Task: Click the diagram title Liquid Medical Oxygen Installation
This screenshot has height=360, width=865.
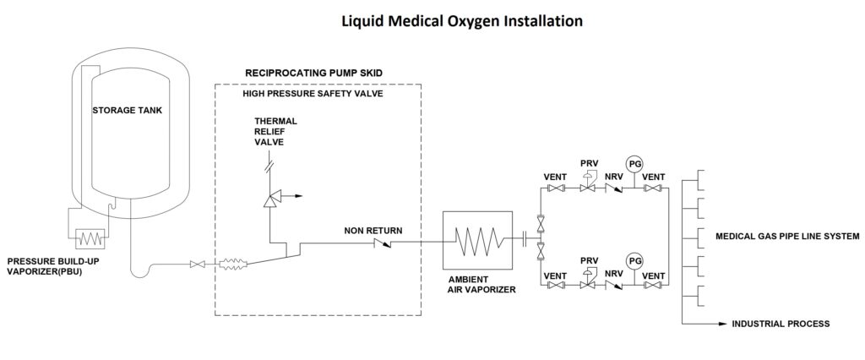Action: [x=462, y=21]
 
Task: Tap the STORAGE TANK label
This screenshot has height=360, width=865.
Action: [x=128, y=111]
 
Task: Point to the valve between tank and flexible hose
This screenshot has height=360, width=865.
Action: [x=197, y=265]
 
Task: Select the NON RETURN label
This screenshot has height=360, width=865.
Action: [x=373, y=231]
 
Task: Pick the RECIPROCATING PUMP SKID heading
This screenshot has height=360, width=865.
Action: [x=313, y=73]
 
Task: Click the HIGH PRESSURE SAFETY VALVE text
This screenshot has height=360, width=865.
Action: [x=313, y=94]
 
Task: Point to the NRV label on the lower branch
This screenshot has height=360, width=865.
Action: [x=613, y=275]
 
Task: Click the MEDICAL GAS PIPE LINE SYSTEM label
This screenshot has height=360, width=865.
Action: [x=787, y=237]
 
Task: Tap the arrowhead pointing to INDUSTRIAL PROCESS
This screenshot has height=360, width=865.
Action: [x=724, y=324]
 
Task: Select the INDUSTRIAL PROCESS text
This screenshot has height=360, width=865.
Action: [x=781, y=325]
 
